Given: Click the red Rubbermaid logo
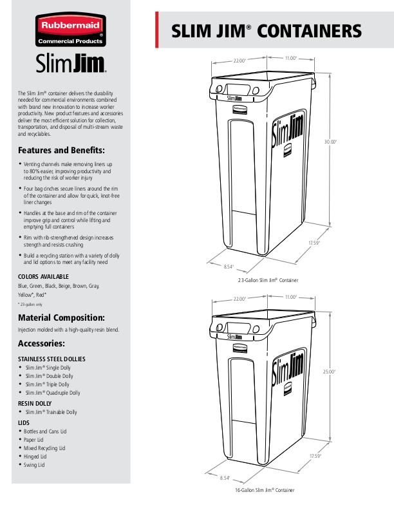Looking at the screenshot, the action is [71, 30].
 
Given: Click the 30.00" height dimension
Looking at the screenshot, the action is [330, 142].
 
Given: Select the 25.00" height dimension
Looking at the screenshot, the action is [329, 372].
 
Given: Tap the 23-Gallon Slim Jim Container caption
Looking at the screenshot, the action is [268, 280].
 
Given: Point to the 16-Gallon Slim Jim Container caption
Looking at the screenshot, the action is [265, 490].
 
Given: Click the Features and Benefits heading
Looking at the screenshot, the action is [61, 150].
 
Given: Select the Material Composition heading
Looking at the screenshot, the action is [61, 317].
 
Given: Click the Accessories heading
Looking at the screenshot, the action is [41, 343].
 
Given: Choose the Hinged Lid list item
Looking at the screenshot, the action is [35, 457].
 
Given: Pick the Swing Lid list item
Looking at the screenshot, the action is [34, 465].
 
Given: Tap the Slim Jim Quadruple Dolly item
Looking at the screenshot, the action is [53, 393].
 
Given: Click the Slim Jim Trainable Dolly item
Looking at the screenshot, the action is [51, 412].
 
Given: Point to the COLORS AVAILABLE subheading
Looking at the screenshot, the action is [43, 277].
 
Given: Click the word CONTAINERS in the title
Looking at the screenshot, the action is [309, 31].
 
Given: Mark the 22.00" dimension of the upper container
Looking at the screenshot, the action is [239, 61].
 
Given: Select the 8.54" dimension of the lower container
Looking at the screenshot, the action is [225, 478].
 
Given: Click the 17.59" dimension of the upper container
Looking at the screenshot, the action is [314, 243].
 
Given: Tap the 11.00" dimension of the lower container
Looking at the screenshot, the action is [291, 297].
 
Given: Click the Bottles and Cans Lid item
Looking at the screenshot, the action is [45, 431].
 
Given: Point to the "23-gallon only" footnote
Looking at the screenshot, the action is [30, 305].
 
